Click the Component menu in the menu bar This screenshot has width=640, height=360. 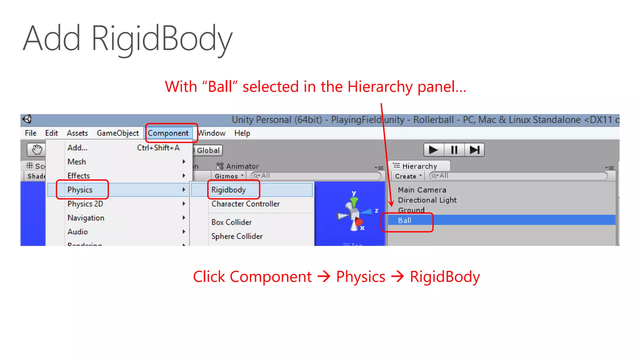pyautogui.click(x=168, y=133)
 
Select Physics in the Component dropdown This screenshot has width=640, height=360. pyautogui.click(x=80, y=190)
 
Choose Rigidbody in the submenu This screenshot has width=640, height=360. pyautogui.click(x=228, y=190)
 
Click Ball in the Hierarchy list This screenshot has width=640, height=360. pyautogui.click(x=405, y=220)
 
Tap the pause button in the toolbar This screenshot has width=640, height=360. pyautogui.click(x=454, y=150)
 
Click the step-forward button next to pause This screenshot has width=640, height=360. pyautogui.click(x=474, y=150)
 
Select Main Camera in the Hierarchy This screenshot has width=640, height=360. pyautogui.click(x=422, y=190)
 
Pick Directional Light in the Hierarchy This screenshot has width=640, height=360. pyautogui.click(x=427, y=200)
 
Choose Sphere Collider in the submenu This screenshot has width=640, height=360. pyautogui.click(x=237, y=236)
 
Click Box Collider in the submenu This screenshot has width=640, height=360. pyautogui.click(x=232, y=222)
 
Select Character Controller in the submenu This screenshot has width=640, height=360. pyautogui.click(x=246, y=204)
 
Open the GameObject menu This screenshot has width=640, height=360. pyautogui.click(x=117, y=133)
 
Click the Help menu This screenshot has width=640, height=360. pyautogui.click(x=242, y=133)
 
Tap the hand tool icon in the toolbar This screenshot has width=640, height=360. pyautogui.click(x=37, y=150)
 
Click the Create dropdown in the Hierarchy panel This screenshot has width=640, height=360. pyautogui.click(x=408, y=176)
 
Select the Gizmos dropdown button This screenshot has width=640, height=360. pyautogui.click(x=229, y=176)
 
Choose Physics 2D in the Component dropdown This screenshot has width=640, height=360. pyautogui.click(x=85, y=204)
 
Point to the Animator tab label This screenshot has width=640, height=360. pyautogui.click(x=242, y=166)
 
